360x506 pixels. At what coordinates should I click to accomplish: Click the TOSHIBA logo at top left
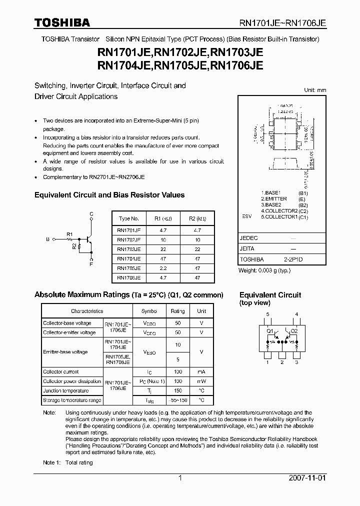pos(62,22)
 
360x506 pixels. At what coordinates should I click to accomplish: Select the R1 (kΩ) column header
pos(160,218)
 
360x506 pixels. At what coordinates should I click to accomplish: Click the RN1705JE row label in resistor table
pos(128,267)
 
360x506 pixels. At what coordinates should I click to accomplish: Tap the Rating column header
pos(177,311)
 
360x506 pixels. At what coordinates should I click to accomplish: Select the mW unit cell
pos(201,381)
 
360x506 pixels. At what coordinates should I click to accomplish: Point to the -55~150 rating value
pos(177,400)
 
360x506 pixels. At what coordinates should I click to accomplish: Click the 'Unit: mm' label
pos(315,90)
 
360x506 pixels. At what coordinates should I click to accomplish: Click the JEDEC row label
pos(249,238)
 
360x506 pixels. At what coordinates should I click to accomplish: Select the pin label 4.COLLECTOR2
pos(279,211)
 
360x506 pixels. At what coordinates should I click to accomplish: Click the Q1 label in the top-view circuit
pos(270,330)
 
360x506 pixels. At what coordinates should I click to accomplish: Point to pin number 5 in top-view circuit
pos(267,314)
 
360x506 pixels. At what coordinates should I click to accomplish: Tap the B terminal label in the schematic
pos(47,239)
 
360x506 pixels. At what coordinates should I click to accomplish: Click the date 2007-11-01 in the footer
pos(307,478)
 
